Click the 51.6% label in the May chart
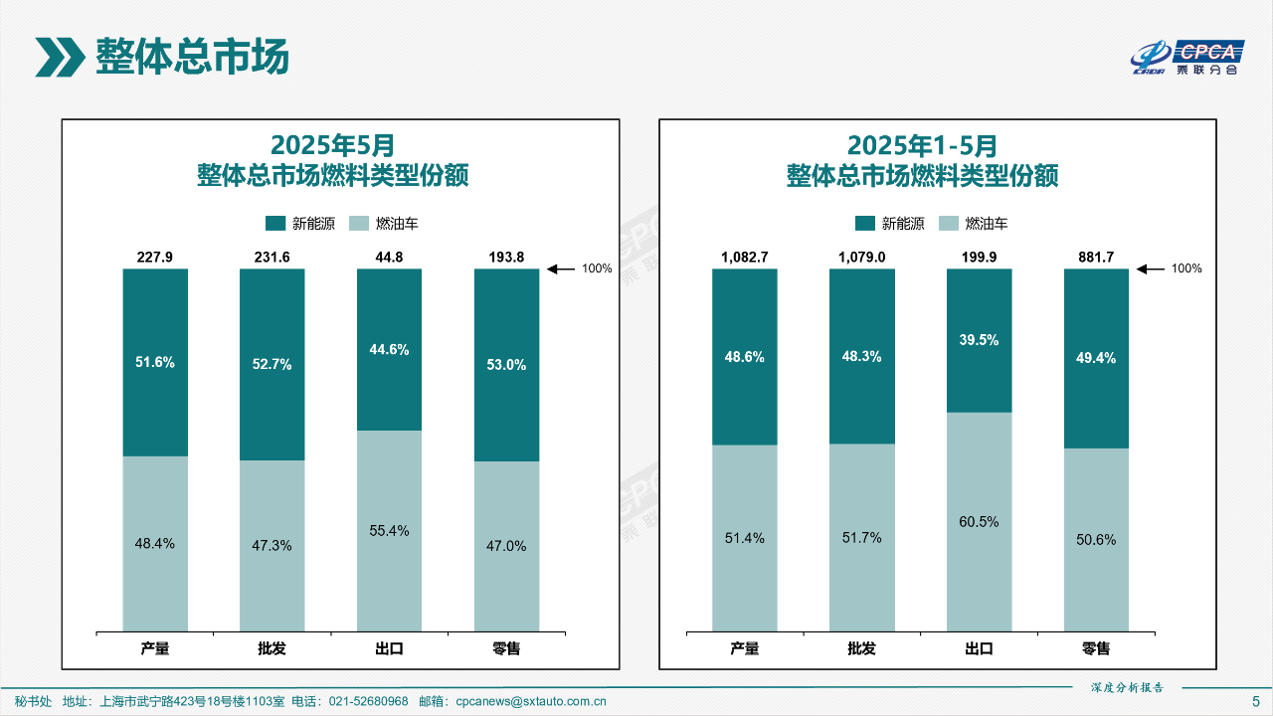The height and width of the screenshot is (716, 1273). click(x=155, y=362)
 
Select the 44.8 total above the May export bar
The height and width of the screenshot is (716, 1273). click(x=389, y=257)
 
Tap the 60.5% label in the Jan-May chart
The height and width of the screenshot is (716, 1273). click(x=979, y=521)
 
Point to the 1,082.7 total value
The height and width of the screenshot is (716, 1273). click(x=744, y=257)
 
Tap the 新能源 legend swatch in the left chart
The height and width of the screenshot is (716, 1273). click(x=275, y=223)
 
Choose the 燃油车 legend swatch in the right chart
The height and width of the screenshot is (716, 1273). click(x=949, y=223)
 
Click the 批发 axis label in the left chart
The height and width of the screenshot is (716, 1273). click(x=272, y=649)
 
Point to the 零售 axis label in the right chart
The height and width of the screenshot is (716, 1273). click(x=1096, y=649)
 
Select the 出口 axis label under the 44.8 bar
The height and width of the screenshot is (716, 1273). click(x=389, y=649)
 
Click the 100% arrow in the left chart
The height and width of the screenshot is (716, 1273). click(x=562, y=268)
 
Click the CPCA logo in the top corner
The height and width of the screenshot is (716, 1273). click(x=1187, y=58)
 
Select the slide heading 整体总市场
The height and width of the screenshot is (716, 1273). click(x=191, y=57)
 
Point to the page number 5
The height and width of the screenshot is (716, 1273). click(x=1255, y=701)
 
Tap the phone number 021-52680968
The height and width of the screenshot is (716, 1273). click(x=368, y=701)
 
